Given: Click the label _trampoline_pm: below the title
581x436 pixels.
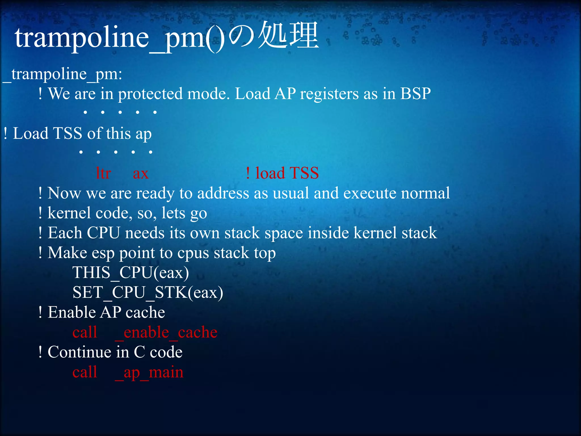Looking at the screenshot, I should [62, 74].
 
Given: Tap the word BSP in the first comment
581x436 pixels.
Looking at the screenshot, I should [415, 94].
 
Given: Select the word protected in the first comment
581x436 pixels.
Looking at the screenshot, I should [150, 94].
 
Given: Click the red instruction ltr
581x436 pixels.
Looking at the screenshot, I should [103, 173].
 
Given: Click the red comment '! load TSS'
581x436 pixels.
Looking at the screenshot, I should [282, 173].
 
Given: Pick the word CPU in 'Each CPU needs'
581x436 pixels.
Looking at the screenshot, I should [103, 233].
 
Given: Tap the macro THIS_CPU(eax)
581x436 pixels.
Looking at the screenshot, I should [130, 273].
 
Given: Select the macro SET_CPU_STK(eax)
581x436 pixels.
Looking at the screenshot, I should [148, 293].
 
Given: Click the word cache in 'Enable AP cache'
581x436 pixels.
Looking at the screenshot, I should [145, 313].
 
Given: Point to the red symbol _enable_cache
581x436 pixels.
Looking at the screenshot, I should [166, 332].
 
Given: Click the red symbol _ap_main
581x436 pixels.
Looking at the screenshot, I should [149, 372].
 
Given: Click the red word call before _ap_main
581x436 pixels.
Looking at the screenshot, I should [85, 372].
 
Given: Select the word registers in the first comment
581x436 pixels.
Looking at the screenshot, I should [329, 94].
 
